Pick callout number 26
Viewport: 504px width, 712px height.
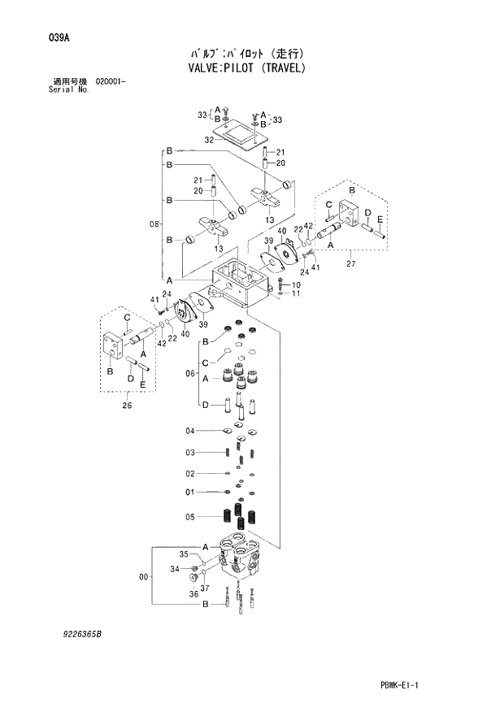click(128, 406)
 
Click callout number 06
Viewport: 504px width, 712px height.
click(191, 373)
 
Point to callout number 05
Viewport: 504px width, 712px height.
click(189, 516)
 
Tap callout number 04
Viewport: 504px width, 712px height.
click(189, 430)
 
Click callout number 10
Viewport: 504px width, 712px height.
click(296, 284)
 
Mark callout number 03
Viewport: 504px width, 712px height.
click(189, 452)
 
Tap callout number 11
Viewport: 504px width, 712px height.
click(296, 293)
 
